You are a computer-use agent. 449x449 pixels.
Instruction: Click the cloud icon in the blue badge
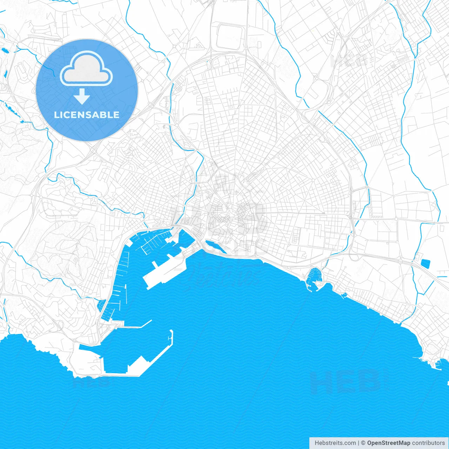tap(86, 69)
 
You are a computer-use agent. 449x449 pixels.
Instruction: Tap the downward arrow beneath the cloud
tap(82, 96)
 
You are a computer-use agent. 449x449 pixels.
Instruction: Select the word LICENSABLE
tap(87, 115)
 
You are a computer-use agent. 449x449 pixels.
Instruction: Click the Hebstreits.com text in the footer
tap(335, 443)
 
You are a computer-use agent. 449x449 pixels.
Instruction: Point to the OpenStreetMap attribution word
tap(388, 443)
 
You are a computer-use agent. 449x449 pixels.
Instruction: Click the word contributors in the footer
tap(428, 443)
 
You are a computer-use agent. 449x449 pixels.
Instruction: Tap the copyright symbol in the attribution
tap(363, 443)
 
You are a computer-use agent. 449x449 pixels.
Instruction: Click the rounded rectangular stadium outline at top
tap(230, 37)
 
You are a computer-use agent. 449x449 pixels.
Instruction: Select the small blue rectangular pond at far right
tap(425, 264)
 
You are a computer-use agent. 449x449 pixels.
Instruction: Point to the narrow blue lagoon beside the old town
tap(215, 246)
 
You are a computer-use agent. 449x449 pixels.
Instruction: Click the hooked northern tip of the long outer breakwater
tap(171, 333)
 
